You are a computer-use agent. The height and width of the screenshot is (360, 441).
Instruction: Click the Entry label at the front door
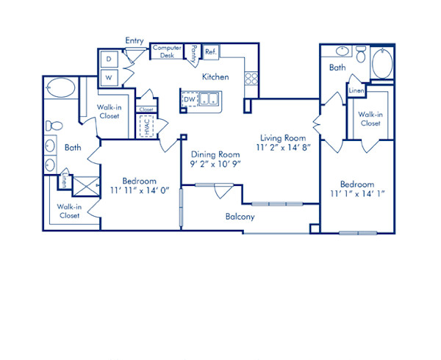click(x=135, y=41)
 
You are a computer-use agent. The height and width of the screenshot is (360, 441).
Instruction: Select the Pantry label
click(x=193, y=52)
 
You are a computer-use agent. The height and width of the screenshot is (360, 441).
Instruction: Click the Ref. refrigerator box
click(x=210, y=51)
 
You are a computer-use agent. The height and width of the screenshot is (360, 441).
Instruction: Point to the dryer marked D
click(x=108, y=57)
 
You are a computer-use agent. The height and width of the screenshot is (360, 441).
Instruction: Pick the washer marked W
click(x=108, y=76)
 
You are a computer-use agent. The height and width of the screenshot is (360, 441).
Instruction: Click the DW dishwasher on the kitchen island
click(x=190, y=98)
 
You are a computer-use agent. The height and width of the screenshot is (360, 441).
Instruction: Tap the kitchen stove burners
click(x=251, y=76)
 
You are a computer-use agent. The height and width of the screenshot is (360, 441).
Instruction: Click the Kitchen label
click(x=215, y=76)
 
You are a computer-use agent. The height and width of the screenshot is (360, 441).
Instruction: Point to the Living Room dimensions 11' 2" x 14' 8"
click(x=284, y=148)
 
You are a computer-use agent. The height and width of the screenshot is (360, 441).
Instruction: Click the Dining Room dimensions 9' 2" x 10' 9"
click(x=216, y=165)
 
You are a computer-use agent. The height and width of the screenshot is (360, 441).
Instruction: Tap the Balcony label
click(x=240, y=217)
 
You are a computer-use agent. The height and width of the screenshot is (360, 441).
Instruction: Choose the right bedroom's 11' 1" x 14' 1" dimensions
click(x=357, y=195)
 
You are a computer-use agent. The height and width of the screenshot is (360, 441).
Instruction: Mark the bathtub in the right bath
click(x=383, y=62)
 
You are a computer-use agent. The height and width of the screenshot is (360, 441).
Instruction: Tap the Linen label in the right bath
click(x=356, y=90)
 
